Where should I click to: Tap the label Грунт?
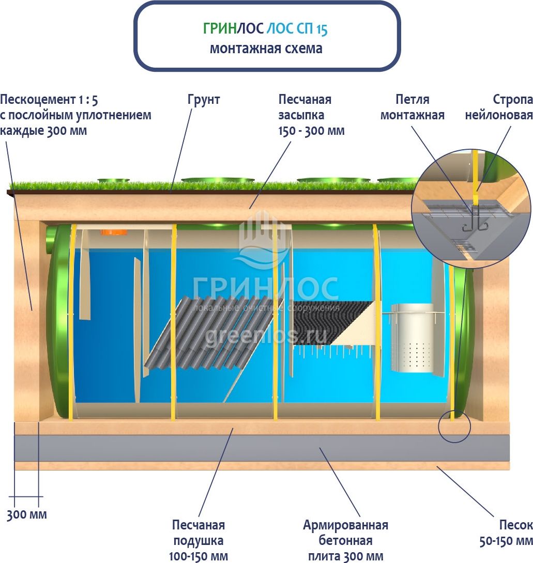[203, 100]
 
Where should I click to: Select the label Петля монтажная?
[412, 107]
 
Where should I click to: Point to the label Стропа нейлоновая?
[498, 107]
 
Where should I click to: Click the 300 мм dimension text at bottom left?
[26, 514]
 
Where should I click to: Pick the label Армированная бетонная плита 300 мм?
[345, 540]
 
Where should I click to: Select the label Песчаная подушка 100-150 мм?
[198, 540]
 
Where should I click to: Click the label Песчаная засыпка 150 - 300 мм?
[311, 115]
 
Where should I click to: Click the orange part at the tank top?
[111, 232]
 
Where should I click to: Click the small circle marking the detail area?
[454, 427]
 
